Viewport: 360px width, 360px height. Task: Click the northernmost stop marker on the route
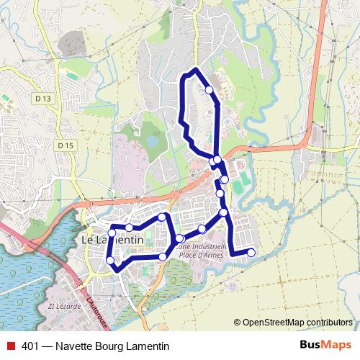point(209,90)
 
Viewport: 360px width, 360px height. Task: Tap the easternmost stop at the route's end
point(251,252)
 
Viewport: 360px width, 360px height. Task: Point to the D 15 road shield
point(65,145)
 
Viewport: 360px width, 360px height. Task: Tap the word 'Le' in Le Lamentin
point(90,240)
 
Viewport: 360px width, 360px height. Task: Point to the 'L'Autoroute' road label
point(94,310)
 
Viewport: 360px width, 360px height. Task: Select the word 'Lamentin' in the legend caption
point(148,346)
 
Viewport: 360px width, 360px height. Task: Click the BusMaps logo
point(325,345)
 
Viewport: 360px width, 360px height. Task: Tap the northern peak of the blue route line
point(195,70)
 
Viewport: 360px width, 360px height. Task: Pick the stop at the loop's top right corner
point(163,217)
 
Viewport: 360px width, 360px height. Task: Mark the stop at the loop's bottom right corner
point(163,256)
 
